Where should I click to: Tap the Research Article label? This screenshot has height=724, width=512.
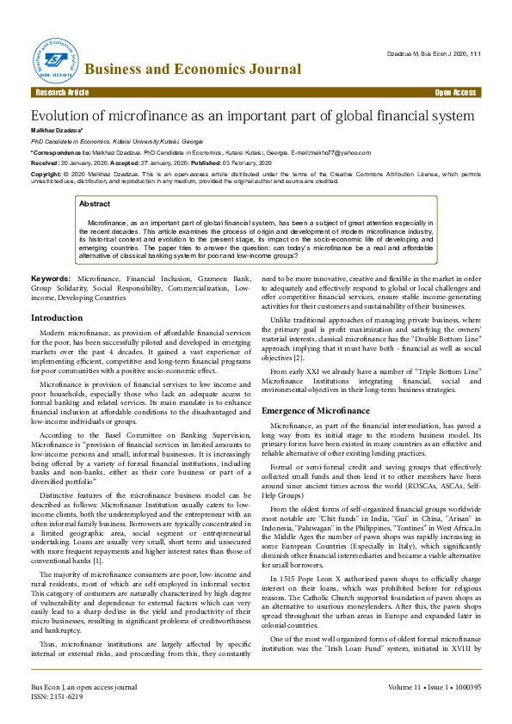pos(61,92)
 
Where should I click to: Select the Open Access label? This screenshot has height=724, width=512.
pos(455,92)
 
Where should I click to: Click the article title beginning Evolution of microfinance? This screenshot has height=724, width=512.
pos(252,115)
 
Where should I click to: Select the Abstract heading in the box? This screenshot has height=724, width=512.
pos(95,204)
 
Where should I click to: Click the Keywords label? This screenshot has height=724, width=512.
pos(51,279)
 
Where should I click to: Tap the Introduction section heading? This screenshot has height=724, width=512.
pos(57,318)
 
